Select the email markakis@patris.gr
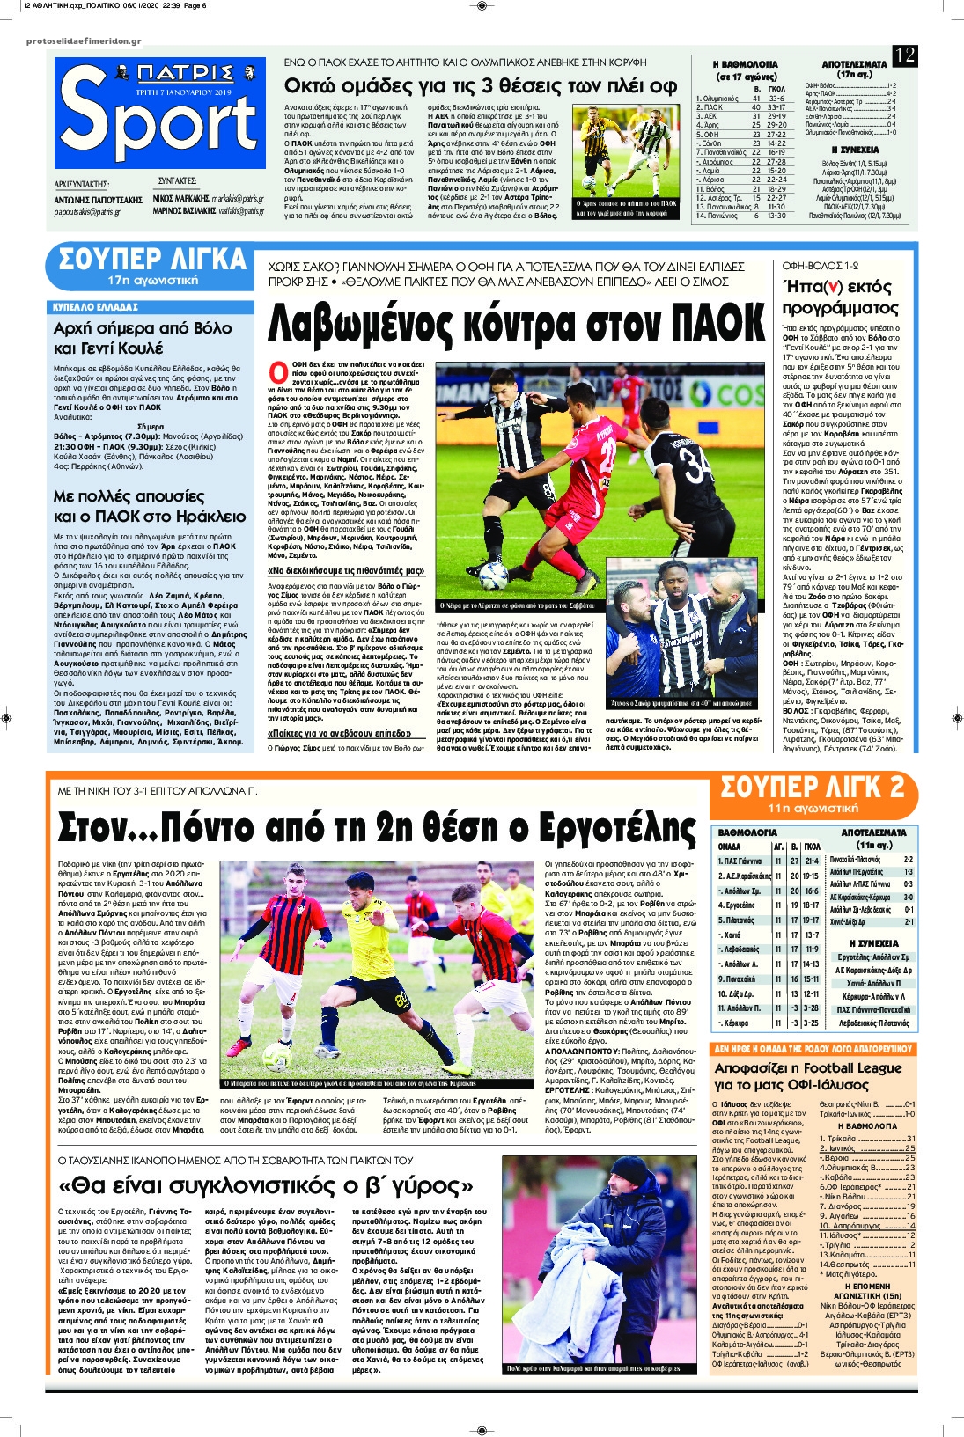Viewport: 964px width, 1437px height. pos(238,199)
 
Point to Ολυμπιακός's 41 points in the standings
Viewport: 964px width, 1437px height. pos(755,99)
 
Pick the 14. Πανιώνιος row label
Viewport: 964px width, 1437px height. pos(717,216)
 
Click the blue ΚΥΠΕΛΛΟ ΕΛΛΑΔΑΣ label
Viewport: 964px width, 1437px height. pos(96,307)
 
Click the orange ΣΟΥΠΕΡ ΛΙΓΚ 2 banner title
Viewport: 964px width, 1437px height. pos(813,786)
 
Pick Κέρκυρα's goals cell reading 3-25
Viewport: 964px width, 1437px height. pos(811,1023)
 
